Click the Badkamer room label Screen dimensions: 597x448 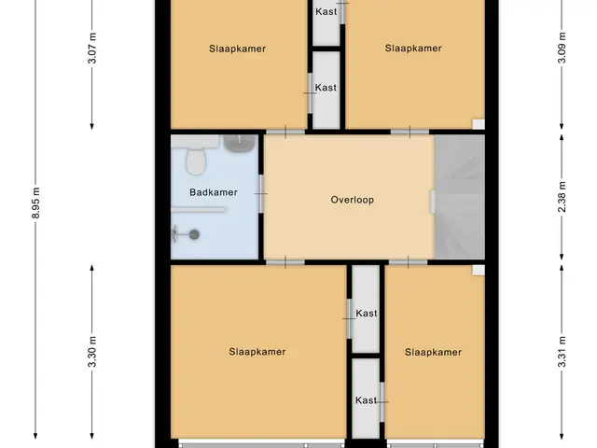tap(214, 192)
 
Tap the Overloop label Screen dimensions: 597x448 tap(353, 200)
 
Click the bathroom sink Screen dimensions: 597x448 tap(239, 143)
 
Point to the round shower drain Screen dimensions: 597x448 tap(194, 234)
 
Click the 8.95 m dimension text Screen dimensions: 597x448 tap(35, 203)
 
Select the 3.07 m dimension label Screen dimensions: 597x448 tap(92, 49)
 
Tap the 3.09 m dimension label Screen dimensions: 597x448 tap(562, 48)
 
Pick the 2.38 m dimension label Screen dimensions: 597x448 tap(562, 197)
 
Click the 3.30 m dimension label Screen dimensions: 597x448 tap(92, 352)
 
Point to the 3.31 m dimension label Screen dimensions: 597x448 tap(562, 352)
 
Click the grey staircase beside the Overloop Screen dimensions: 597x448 tap(460, 197)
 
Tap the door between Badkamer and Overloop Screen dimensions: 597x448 tap(261, 193)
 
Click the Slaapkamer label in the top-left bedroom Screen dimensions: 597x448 tap(237, 49)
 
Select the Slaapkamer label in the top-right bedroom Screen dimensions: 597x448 tap(413, 49)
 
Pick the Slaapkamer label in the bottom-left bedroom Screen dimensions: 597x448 tap(257, 352)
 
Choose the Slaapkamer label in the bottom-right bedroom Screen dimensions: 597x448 tap(433, 352)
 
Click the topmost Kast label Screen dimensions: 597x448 tap(326, 12)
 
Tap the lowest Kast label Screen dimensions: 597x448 tap(366, 400)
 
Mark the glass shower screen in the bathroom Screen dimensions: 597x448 tap(199, 209)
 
